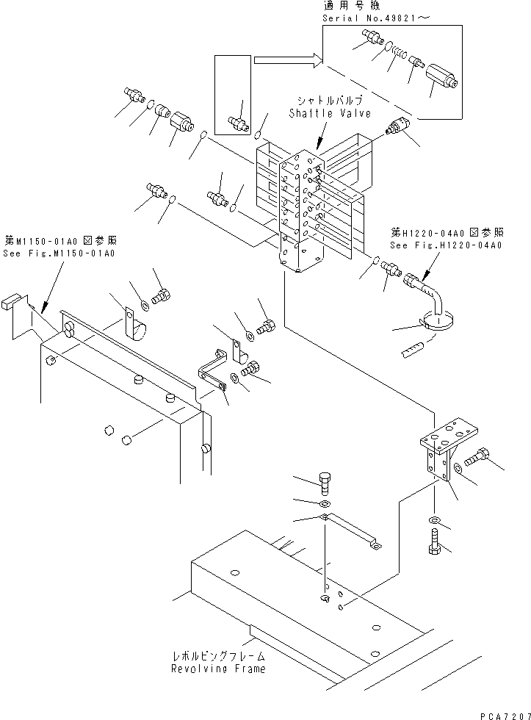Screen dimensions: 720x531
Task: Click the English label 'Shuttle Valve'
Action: [x=329, y=113]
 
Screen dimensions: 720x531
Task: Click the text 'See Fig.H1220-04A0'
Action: [x=446, y=245]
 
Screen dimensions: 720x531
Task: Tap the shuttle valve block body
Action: [x=301, y=213]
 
